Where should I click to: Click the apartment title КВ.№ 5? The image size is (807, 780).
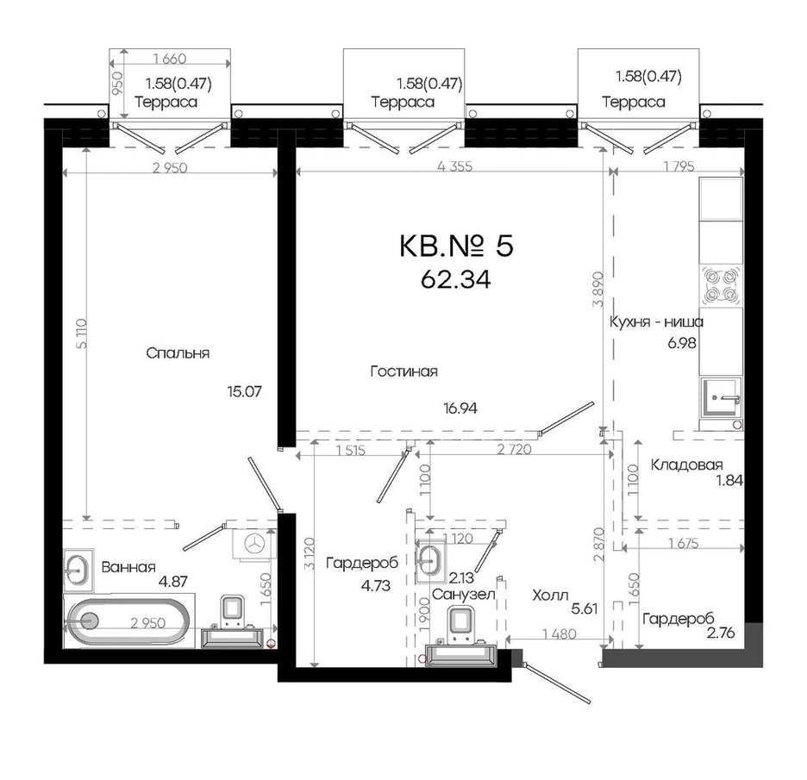(x=456, y=246)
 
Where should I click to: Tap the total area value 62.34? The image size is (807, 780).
(x=455, y=280)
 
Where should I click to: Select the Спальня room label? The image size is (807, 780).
(x=178, y=353)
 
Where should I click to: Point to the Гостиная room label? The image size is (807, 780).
(x=404, y=371)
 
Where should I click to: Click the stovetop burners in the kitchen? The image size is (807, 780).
(x=721, y=285)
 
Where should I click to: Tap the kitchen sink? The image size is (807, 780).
(x=720, y=397)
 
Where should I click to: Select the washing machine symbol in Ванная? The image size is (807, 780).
(x=253, y=543)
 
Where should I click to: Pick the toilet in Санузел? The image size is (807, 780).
(x=461, y=624)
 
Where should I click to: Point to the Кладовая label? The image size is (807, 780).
(x=686, y=465)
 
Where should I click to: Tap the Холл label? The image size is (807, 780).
(x=550, y=596)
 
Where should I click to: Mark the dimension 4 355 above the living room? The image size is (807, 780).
(x=454, y=166)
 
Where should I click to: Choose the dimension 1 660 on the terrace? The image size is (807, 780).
(x=170, y=59)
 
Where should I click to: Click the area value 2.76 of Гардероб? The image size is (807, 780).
(x=721, y=633)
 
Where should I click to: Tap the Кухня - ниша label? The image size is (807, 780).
(x=656, y=322)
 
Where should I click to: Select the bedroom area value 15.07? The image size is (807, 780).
(x=244, y=391)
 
